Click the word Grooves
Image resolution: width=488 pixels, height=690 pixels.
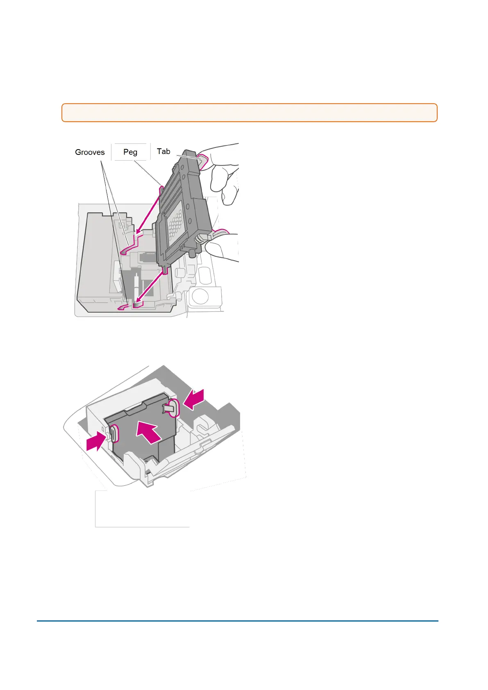tap(90, 152)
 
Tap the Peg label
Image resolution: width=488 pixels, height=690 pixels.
tap(130, 152)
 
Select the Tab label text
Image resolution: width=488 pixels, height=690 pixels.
tap(163, 151)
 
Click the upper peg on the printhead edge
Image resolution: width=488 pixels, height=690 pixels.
tap(161, 190)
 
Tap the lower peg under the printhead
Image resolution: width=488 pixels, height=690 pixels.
tap(165, 270)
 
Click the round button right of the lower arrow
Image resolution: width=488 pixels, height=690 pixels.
tap(200, 296)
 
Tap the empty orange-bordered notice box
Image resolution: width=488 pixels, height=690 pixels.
tap(249, 113)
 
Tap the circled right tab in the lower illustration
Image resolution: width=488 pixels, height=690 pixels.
tap(174, 408)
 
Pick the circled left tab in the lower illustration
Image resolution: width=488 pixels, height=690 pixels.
tap(114, 434)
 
